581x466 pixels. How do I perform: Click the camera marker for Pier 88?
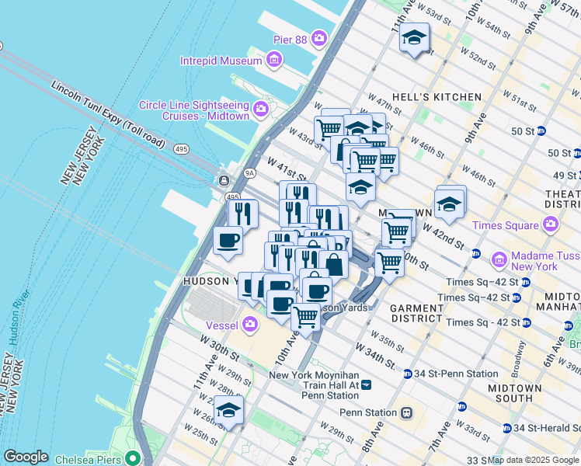coord(319,37)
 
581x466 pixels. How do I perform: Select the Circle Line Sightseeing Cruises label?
coord(193,110)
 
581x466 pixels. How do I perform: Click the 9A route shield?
coord(250,175)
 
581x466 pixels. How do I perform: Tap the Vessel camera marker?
coord(250,323)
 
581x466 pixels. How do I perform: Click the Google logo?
coord(26,457)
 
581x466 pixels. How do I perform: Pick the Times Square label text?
coord(506,225)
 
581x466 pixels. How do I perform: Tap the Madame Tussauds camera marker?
coord(499,257)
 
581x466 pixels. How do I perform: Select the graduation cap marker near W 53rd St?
coord(415,37)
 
